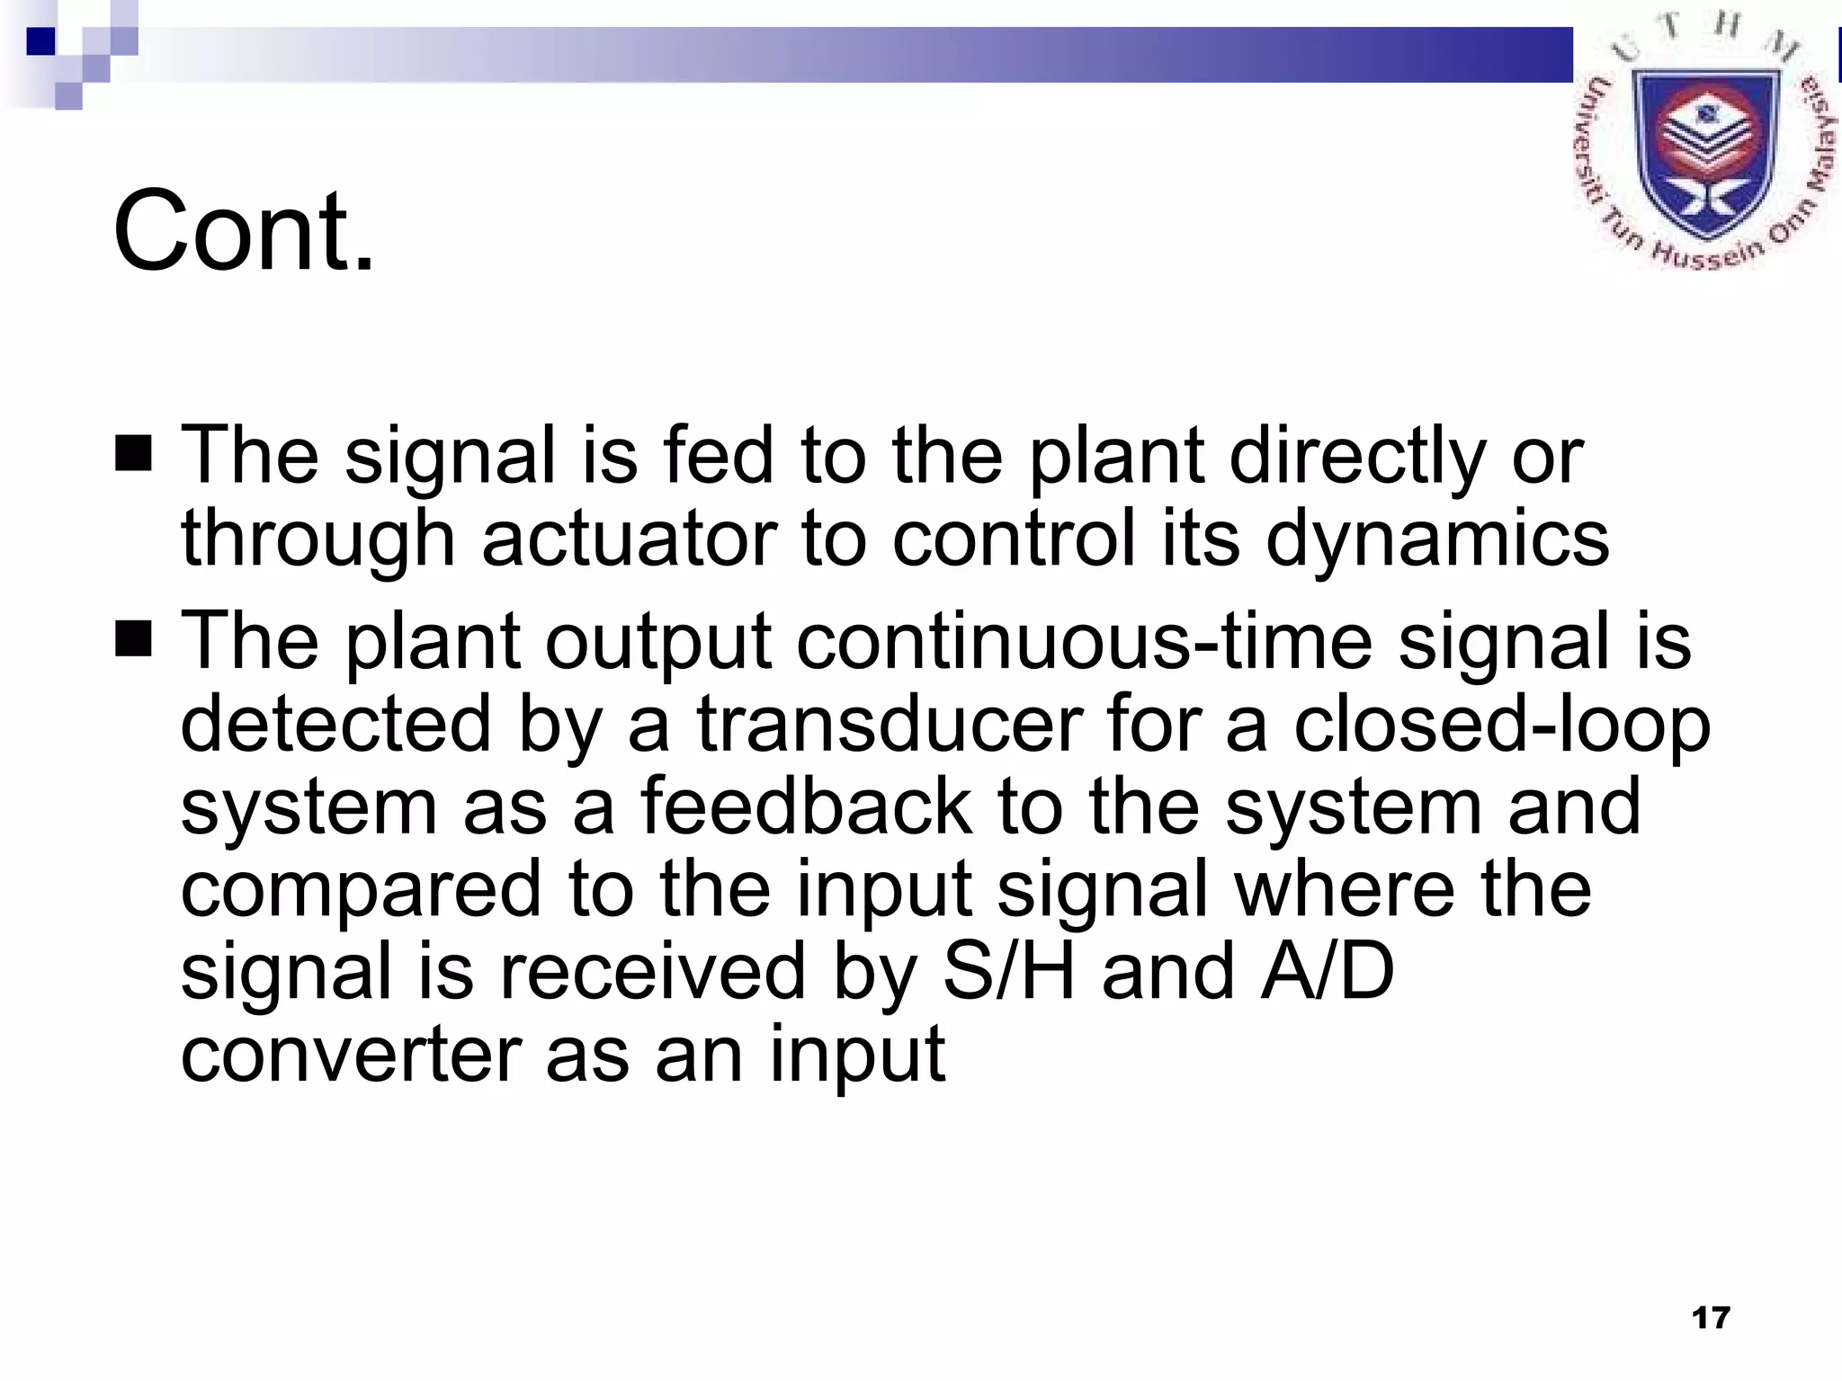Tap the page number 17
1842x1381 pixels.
1711,1318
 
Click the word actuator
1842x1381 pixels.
629,539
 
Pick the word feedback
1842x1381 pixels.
806,806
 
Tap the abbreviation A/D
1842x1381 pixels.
1327,972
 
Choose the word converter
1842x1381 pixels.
352,1055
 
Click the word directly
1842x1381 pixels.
1357,456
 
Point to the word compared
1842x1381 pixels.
361,889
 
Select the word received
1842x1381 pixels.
652,972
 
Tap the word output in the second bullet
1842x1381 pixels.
657,641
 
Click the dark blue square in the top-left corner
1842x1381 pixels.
40,41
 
